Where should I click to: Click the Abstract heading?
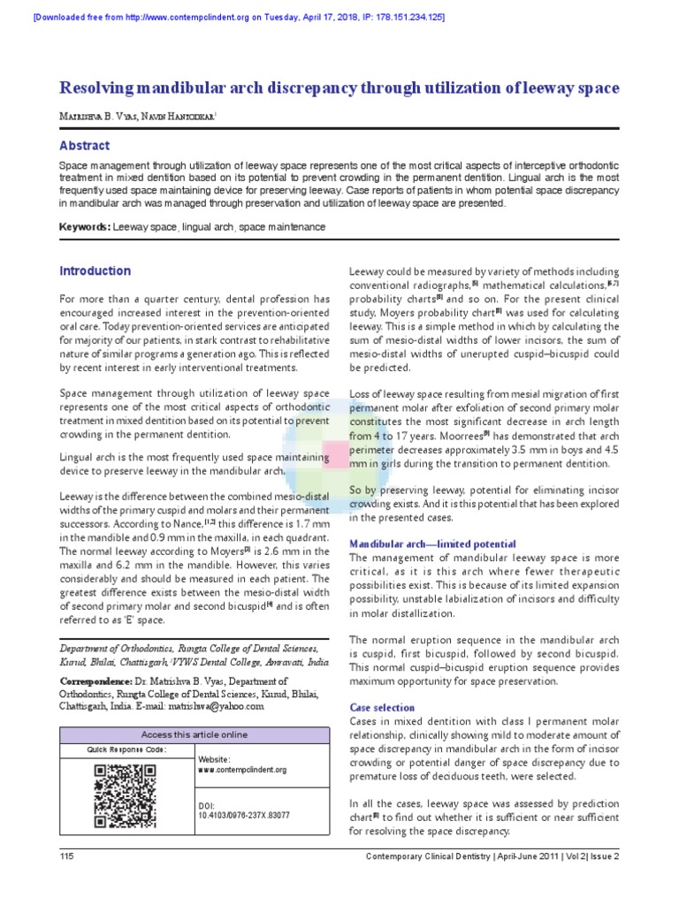[x=85, y=146]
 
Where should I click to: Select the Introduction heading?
[x=95, y=271]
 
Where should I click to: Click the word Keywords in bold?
[x=84, y=227]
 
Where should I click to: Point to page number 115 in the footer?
[x=66, y=856]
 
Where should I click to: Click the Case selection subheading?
[x=382, y=707]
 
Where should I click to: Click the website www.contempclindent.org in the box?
[x=242, y=770]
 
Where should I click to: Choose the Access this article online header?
[x=195, y=734]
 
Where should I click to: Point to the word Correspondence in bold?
[x=95, y=681]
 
